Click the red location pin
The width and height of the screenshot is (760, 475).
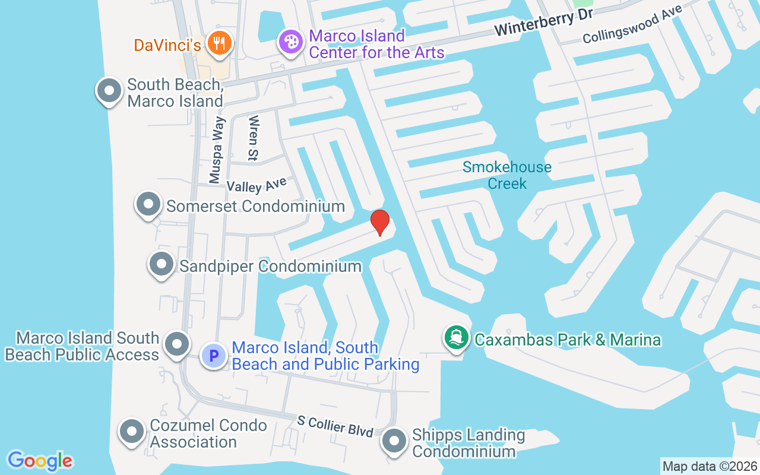point(379,223)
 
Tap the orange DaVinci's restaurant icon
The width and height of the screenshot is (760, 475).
point(220,44)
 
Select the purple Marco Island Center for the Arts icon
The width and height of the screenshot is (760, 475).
point(290,43)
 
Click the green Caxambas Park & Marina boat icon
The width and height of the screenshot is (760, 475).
point(456,338)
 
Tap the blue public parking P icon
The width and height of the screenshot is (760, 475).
point(213,356)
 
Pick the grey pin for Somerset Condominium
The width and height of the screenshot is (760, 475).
point(148,205)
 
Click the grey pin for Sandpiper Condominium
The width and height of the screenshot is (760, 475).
point(161,265)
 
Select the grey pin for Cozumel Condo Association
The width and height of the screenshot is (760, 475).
point(132,432)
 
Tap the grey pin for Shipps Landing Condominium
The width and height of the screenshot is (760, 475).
point(393,442)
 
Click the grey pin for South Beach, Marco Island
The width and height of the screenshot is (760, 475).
point(109,91)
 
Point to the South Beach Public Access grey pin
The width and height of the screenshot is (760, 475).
point(176,345)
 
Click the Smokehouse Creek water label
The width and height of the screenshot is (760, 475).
point(507,175)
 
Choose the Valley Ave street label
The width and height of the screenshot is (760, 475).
point(256,185)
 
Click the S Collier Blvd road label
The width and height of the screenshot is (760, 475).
point(335,426)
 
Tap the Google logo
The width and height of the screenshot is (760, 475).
point(40,461)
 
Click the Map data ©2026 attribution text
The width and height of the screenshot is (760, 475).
point(710,467)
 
